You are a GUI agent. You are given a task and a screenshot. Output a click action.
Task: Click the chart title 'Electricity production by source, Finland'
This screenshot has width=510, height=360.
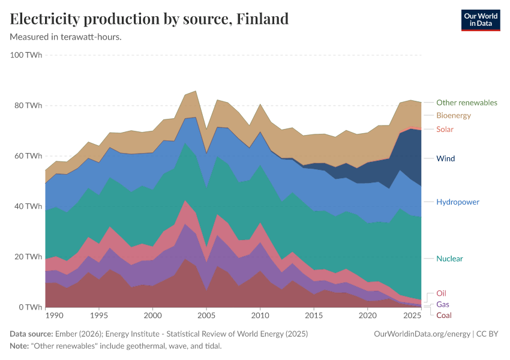pos(149,19)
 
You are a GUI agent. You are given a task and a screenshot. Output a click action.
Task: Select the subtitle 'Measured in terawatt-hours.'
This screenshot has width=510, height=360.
pos(66,37)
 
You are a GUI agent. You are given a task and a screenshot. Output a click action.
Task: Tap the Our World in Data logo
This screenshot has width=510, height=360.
pos(480,20)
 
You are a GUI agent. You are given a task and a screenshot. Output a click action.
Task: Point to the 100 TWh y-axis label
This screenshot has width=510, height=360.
pos(26,55)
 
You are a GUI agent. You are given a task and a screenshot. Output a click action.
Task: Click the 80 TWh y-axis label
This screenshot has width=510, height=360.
pos(28,106)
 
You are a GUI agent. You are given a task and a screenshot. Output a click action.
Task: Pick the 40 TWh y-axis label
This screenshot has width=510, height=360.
pos(28,206)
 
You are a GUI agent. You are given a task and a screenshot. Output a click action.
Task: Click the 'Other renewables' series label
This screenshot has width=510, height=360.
pos(466,103)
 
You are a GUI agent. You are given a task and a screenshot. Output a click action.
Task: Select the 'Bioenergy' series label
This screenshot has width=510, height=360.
pos(453,115)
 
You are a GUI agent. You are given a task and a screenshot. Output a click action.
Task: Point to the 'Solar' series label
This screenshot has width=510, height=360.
pos(445,129)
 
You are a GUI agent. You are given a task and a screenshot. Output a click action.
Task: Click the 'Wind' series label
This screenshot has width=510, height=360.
pos(445,158)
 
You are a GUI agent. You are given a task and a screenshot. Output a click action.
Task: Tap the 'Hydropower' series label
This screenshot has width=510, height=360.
pos(457,202)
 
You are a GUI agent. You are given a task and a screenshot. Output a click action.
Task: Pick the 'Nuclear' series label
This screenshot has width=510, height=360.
pos(449,259)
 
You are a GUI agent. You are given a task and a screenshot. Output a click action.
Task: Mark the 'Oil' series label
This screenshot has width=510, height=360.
pos(441,293)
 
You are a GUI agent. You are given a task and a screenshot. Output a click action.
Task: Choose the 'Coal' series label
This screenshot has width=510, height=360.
pos(444,315)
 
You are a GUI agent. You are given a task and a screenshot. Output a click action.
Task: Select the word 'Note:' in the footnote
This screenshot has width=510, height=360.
pos(20,346)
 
